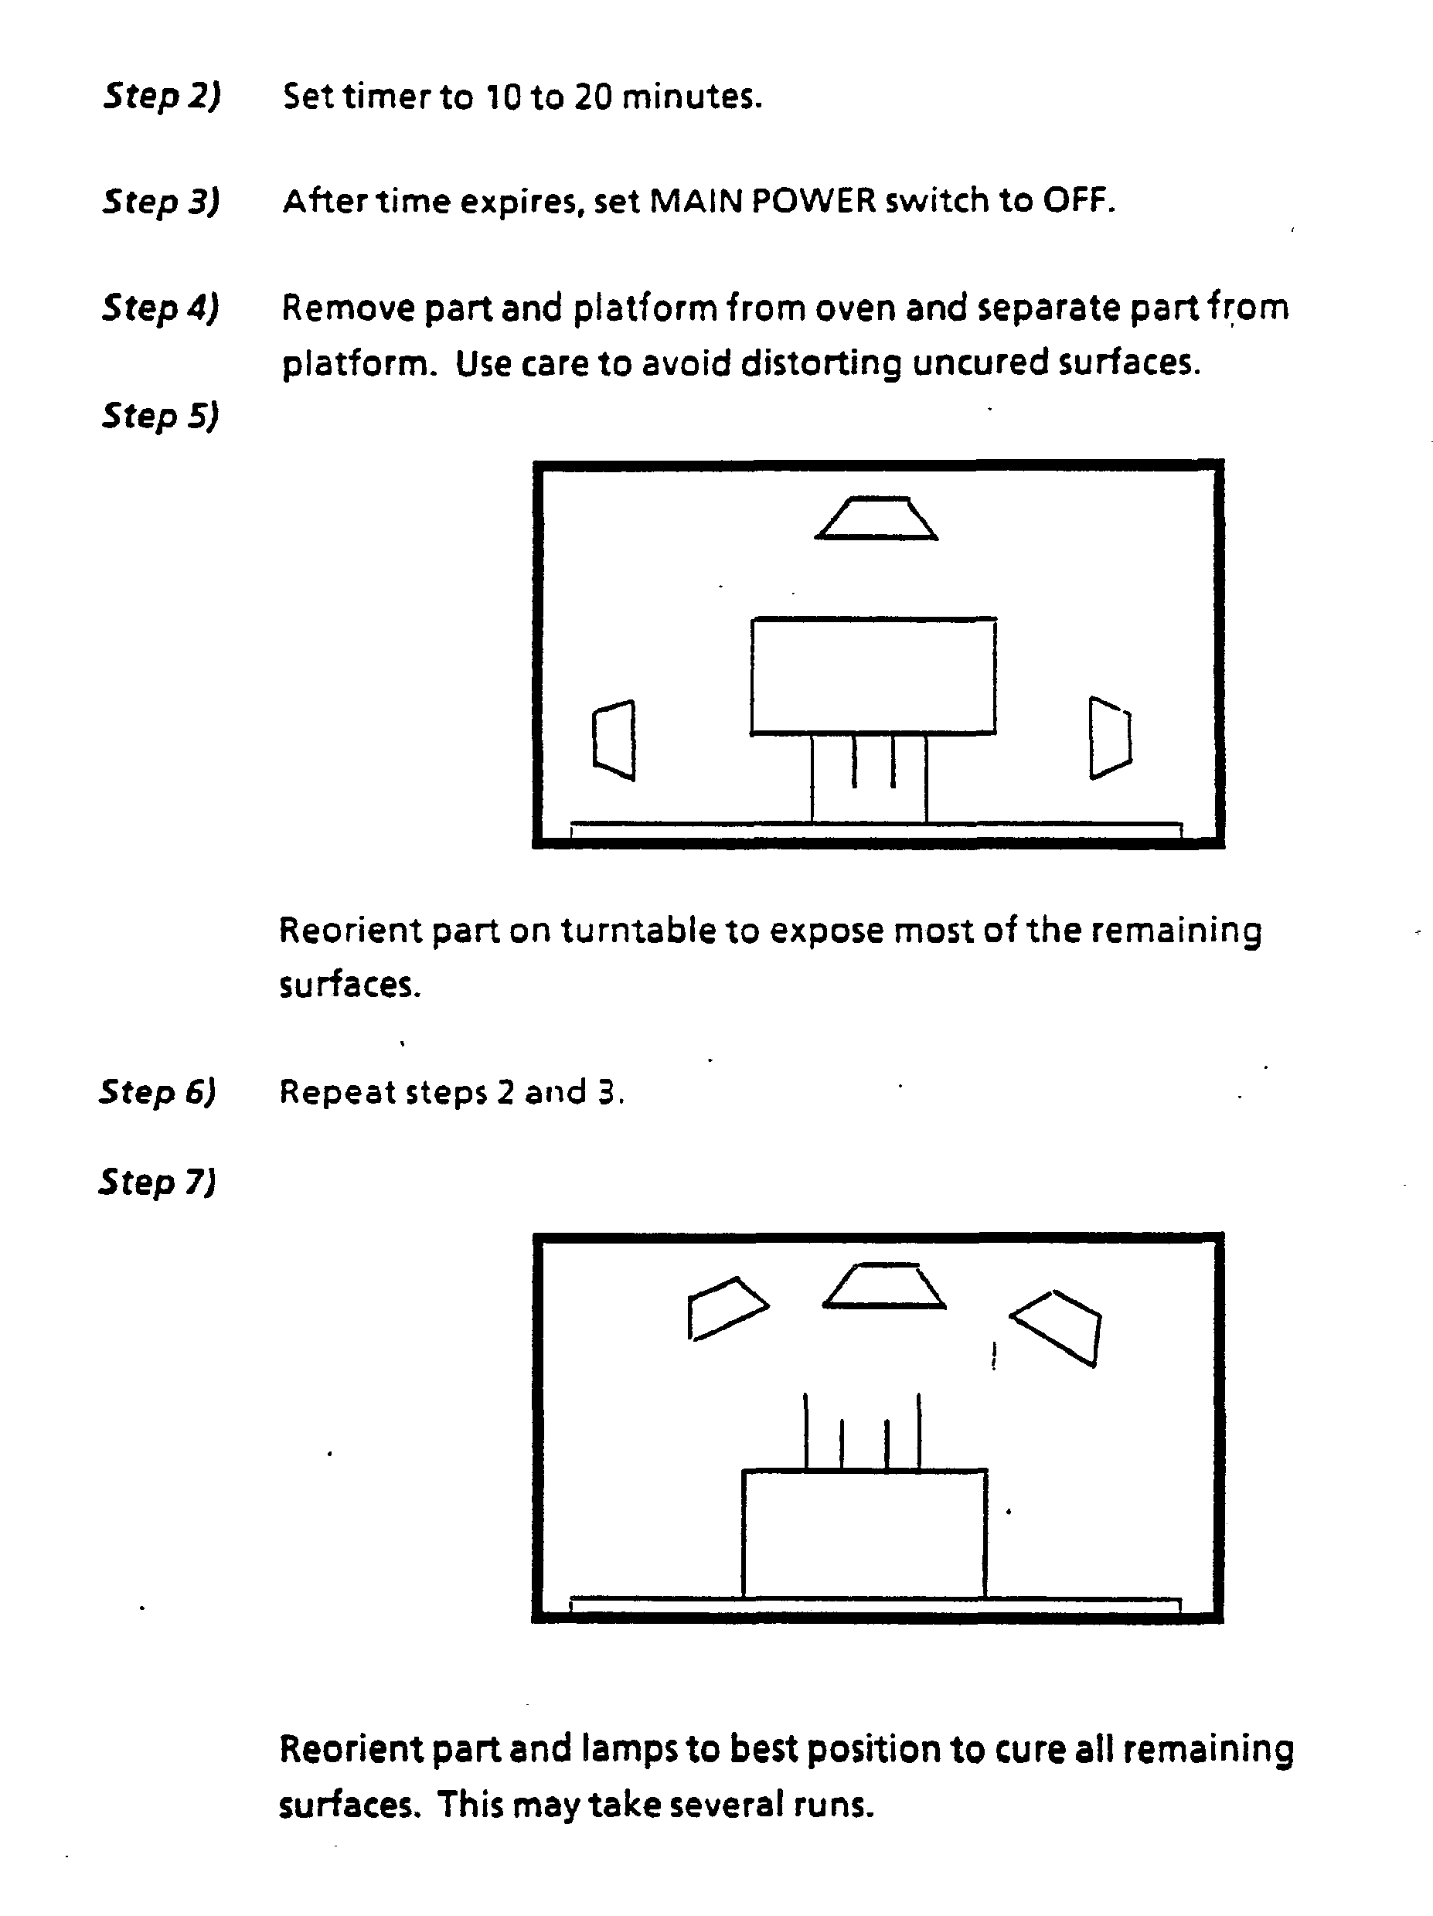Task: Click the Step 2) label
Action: coord(162,95)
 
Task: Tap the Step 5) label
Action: coord(160,415)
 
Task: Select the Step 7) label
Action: coord(157,1182)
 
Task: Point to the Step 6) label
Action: coord(157,1091)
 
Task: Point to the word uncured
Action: coord(982,362)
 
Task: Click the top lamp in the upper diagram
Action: coord(876,518)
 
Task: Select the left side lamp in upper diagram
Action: coord(614,740)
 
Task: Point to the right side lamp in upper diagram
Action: coord(1110,737)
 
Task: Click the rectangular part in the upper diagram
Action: coord(873,676)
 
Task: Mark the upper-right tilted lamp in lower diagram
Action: coord(1056,1328)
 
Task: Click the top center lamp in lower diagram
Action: coord(883,1285)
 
